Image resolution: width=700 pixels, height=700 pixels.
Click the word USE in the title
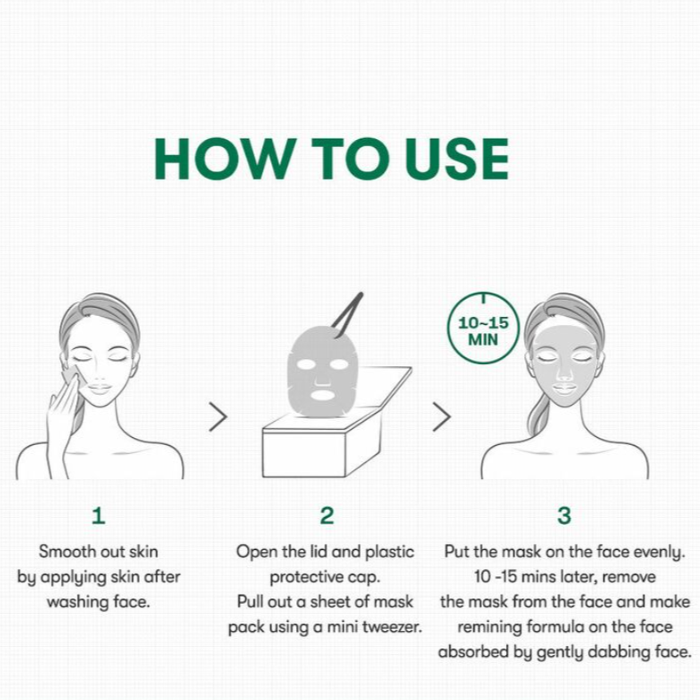pos(457,159)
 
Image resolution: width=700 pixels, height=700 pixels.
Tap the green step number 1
pos(98,516)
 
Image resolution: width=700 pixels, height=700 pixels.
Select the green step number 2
pos(327,516)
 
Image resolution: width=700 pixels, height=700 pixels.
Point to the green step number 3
pos(564,516)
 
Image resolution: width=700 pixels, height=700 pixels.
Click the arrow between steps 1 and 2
pos(218,416)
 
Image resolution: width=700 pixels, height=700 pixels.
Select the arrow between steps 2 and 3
pos(442,416)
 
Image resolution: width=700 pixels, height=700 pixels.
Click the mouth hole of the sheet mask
pos(322,395)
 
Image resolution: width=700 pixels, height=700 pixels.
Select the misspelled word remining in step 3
pos(489,627)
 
